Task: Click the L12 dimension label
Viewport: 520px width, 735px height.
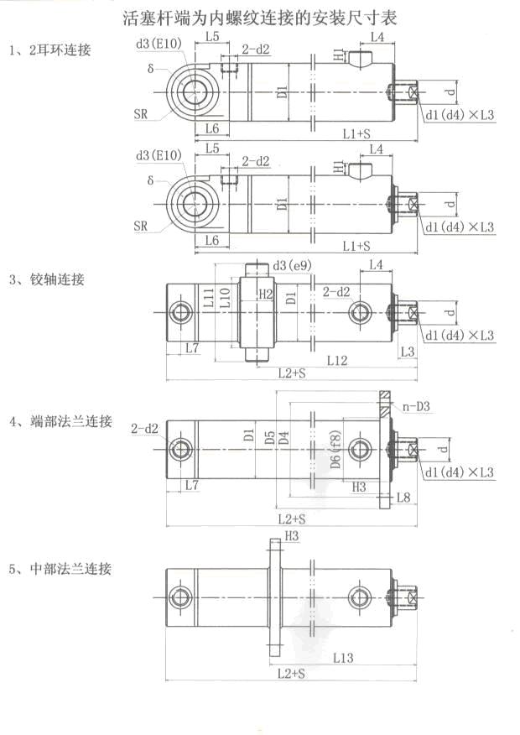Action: (337, 360)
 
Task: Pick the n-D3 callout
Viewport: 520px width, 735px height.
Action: (416, 407)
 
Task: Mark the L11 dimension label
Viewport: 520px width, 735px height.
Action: (208, 296)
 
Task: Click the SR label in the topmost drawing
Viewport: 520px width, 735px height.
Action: (140, 114)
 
